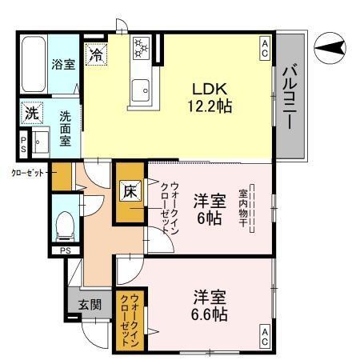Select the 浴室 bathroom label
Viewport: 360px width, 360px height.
[x=63, y=65]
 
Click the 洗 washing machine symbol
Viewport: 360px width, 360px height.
[x=31, y=114]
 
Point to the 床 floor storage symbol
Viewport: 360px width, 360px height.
[x=130, y=191]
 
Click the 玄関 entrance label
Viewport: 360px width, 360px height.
[x=90, y=304]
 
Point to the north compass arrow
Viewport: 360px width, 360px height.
[x=330, y=50]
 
